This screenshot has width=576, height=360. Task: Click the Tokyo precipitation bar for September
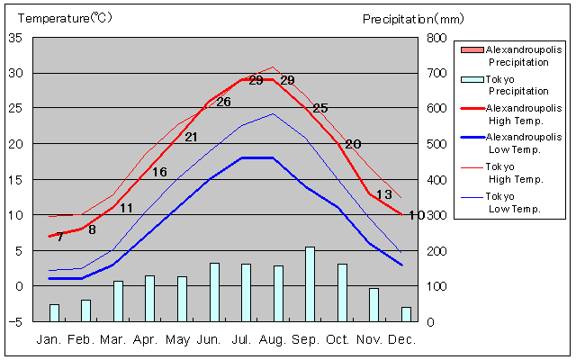point(310,283)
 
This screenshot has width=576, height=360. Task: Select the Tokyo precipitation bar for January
point(54,312)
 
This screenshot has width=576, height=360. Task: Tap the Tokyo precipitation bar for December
point(406,314)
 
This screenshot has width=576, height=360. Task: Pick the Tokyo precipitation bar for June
point(214,292)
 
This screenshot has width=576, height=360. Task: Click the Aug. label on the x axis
point(273,339)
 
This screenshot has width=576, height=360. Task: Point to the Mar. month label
point(112,339)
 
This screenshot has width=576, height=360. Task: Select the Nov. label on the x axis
point(369,339)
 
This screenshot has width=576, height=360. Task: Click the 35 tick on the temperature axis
point(15,38)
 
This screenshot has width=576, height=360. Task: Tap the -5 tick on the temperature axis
point(15,321)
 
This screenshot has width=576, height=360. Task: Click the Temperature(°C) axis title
point(66,18)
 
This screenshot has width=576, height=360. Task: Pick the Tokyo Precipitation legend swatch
point(471,79)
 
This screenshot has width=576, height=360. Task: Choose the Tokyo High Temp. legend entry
point(514,173)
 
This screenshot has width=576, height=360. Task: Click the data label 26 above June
point(223,102)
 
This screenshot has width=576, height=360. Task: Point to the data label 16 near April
point(159,172)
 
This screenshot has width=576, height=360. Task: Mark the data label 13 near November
point(383,194)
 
